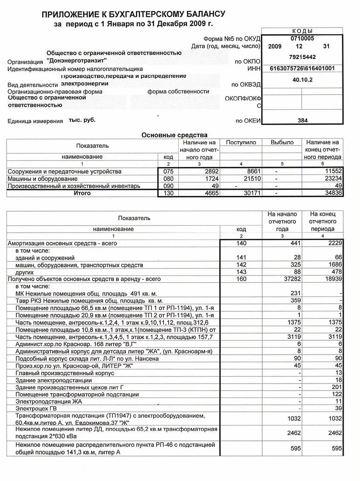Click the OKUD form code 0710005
click(x=302, y=38)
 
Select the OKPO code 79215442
click(x=302, y=57)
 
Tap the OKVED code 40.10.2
click(x=302, y=80)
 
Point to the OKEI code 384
click(x=302, y=120)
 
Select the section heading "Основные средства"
click(x=174, y=135)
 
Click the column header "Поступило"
click(x=241, y=143)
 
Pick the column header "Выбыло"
click(x=282, y=143)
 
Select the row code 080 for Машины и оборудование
click(x=168, y=179)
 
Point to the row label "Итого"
click(x=82, y=193)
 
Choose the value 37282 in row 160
click(x=292, y=279)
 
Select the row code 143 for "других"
click(x=241, y=272)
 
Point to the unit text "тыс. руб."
click(x=82, y=120)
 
